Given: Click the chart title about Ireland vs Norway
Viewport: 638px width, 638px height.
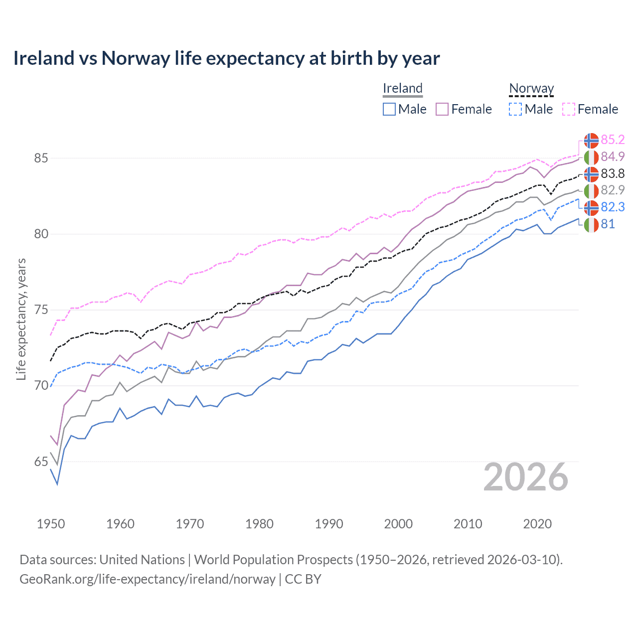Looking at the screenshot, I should [x=226, y=58].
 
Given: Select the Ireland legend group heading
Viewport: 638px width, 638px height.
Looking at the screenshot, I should [x=402, y=88].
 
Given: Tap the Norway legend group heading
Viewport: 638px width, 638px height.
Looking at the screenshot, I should [x=531, y=88].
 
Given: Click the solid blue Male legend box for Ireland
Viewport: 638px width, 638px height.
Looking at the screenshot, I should [x=389, y=109].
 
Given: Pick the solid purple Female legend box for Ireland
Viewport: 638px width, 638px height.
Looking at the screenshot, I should [x=442, y=109].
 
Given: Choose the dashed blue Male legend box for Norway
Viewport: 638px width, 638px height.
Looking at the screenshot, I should [x=515, y=109].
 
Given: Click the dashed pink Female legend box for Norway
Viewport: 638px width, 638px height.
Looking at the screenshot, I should [x=569, y=109].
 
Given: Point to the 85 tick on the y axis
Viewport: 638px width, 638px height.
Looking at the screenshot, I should [x=41, y=159].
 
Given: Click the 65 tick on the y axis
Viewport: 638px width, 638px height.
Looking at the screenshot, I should [x=41, y=462].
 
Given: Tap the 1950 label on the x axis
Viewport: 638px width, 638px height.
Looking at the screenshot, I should [x=51, y=524].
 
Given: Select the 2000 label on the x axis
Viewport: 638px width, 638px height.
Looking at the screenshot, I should [x=398, y=524].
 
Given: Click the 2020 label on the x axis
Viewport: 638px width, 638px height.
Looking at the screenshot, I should [x=537, y=524].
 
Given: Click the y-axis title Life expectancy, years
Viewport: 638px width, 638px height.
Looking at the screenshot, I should [x=21, y=319].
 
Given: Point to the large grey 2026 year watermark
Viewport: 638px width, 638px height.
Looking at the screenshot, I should [x=525, y=478].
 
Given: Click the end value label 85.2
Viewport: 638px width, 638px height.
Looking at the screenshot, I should [x=613, y=140].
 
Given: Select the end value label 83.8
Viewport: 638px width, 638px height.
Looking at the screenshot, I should [x=613, y=173].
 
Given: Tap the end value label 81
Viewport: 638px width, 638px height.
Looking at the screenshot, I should [x=608, y=224].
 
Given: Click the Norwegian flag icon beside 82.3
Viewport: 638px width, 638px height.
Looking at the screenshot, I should [x=591, y=207].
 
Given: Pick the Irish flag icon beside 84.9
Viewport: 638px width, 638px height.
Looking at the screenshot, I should [x=591, y=157].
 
